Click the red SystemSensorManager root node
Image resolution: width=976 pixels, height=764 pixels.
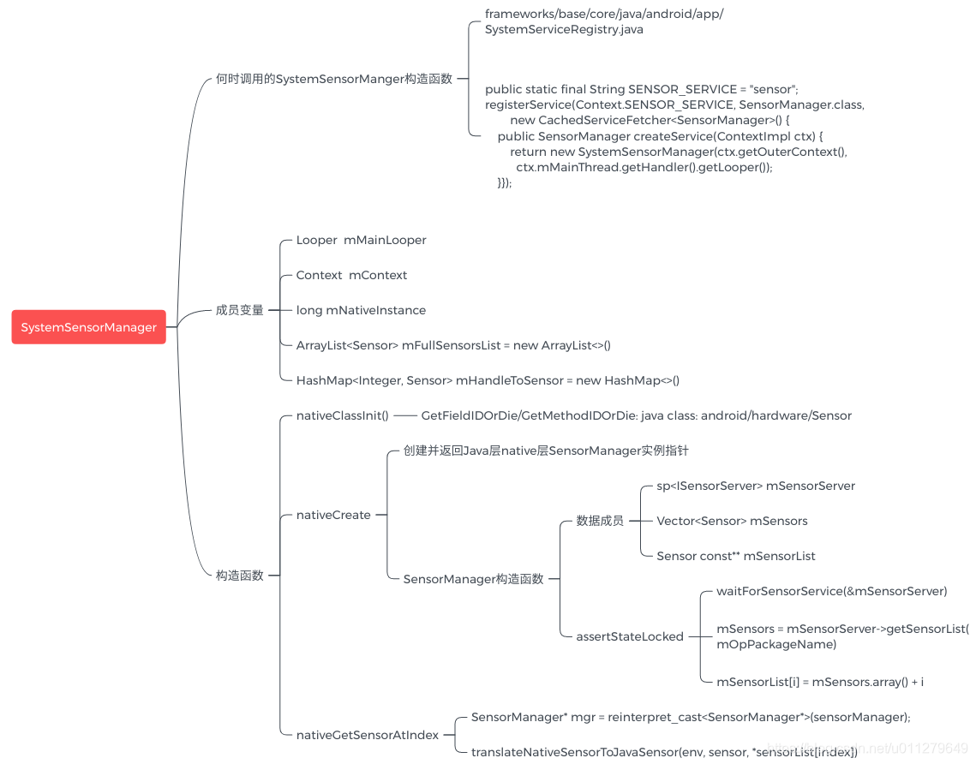(88, 327)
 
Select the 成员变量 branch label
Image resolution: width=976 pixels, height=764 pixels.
(239, 310)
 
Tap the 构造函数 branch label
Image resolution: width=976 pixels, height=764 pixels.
(239, 576)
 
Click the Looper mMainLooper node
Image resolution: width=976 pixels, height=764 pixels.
(361, 241)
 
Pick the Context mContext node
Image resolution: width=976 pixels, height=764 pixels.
(351, 275)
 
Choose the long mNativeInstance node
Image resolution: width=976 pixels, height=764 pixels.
(361, 310)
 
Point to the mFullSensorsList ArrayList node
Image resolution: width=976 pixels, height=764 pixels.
(452, 345)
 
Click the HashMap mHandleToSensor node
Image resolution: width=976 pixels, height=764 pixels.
(487, 380)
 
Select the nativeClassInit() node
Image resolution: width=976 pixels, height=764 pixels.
(342, 415)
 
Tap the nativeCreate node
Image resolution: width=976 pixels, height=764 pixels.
(333, 515)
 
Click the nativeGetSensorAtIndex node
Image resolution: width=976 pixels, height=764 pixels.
(367, 735)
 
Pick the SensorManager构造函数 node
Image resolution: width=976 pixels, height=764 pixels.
(473, 579)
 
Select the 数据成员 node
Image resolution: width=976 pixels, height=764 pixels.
(600, 521)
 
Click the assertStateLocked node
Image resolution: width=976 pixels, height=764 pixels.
(630, 636)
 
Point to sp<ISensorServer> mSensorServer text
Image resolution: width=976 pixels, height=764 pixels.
(755, 486)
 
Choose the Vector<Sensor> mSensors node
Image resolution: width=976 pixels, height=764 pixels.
(732, 521)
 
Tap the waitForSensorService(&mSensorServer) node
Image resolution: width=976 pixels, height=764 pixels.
(831, 591)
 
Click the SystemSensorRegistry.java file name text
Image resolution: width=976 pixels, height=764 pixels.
(564, 29)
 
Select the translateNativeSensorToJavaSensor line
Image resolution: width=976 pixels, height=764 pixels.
(664, 752)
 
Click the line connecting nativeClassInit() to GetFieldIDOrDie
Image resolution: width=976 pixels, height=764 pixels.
(404, 415)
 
